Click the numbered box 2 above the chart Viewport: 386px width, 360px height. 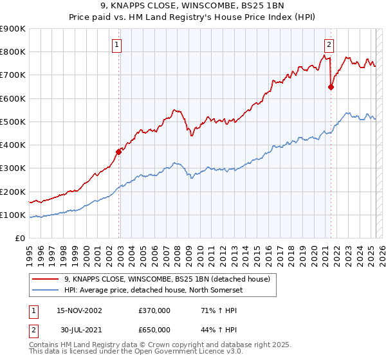click(x=329, y=44)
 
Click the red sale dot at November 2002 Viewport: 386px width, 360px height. click(x=119, y=152)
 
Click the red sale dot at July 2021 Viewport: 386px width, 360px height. click(x=331, y=87)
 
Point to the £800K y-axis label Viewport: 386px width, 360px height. click(x=13, y=52)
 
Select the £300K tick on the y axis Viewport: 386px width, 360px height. click(x=13, y=168)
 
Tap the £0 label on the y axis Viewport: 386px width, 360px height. click(x=20, y=239)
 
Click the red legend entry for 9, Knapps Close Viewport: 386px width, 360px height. click(x=170, y=278)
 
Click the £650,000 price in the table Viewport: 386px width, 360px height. click(x=154, y=330)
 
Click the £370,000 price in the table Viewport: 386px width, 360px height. click(x=154, y=310)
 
